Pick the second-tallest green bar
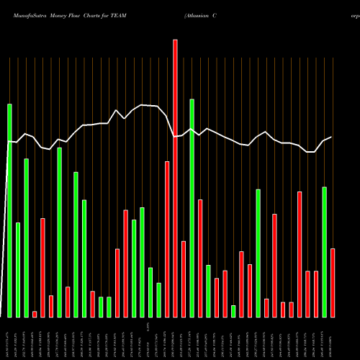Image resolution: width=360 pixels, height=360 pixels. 192,208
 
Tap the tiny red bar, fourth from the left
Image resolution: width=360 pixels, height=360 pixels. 35,314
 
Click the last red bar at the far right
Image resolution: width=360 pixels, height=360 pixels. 333,282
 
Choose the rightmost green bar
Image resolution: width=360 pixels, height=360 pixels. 324,252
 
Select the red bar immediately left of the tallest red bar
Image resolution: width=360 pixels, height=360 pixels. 167,239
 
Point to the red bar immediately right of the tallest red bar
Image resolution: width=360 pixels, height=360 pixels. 184,279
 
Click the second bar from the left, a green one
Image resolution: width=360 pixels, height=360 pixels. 18,270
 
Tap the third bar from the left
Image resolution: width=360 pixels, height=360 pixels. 26,238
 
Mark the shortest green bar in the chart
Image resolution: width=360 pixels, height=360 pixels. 233,311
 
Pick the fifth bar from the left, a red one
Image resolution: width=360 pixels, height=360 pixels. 42,267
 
